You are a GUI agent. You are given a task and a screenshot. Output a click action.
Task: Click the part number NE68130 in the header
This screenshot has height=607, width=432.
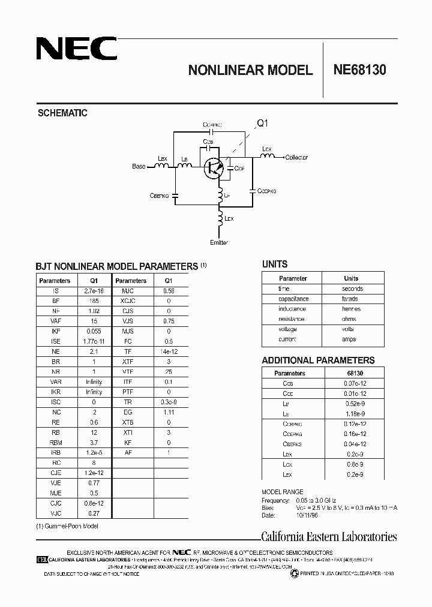[360, 70]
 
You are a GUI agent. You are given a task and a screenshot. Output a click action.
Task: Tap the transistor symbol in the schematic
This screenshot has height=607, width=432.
[213, 168]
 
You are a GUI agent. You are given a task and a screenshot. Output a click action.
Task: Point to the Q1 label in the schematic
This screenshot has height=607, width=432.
[263, 124]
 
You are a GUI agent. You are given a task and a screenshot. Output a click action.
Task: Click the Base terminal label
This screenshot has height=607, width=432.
[139, 166]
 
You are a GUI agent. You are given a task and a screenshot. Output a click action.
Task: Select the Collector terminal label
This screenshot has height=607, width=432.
[296, 157]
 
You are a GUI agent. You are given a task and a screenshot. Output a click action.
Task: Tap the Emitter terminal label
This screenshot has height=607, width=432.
[220, 242]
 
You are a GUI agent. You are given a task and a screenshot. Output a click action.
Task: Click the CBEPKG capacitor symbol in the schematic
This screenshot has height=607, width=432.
[175, 195]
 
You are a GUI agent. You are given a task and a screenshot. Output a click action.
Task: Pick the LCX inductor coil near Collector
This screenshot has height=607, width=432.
[268, 157]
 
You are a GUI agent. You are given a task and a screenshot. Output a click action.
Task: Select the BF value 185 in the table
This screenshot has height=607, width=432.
[93, 301]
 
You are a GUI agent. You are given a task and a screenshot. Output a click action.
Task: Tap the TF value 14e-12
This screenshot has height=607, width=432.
[169, 351]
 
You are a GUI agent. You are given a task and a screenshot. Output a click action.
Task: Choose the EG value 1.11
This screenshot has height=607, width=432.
[169, 412]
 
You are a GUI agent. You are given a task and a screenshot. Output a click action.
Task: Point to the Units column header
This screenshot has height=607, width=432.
[351, 278]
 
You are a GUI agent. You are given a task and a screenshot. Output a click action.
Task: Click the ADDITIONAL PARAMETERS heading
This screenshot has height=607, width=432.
[318, 360]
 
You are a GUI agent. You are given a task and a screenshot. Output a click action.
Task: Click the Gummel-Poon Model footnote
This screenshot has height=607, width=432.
[67, 525]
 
